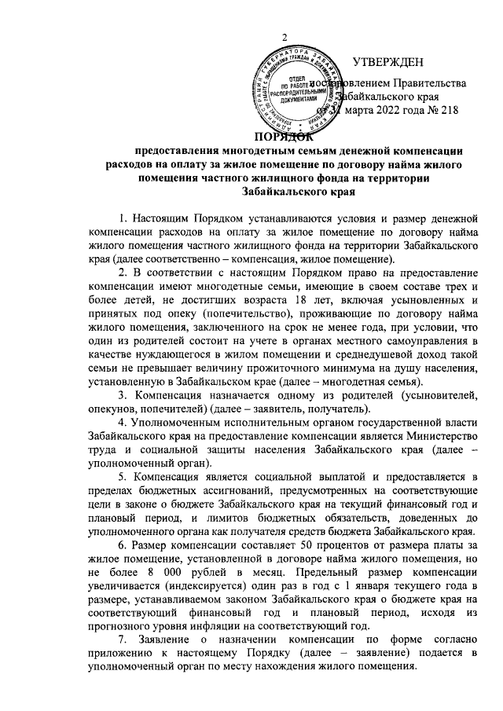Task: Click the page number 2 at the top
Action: pos(285,40)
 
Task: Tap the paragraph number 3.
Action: pos(122,394)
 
